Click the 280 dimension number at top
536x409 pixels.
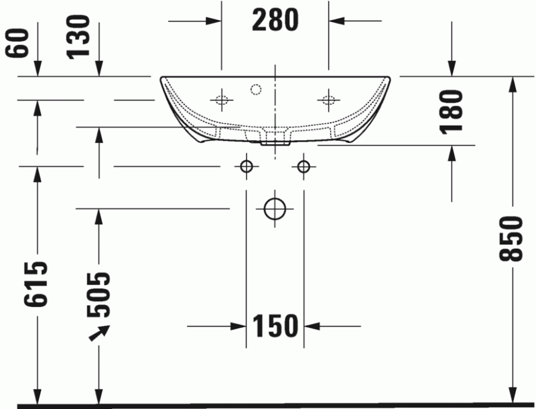[x=275, y=21]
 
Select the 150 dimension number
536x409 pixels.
[x=275, y=327]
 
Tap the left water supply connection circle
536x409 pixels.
[x=247, y=166]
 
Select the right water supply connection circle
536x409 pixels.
[x=304, y=166]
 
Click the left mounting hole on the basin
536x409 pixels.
[x=222, y=101]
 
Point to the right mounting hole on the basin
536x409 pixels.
[x=328, y=101]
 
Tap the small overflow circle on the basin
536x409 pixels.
[x=255, y=88]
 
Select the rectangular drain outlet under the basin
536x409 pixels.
[x=275, y=139]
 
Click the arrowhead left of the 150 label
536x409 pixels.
[x=239, y=327]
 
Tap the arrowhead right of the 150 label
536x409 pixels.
[x=312, y=327]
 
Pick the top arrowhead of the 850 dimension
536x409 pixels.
[x=513, y=83]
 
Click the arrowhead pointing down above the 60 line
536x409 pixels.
[x=38, y=69]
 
